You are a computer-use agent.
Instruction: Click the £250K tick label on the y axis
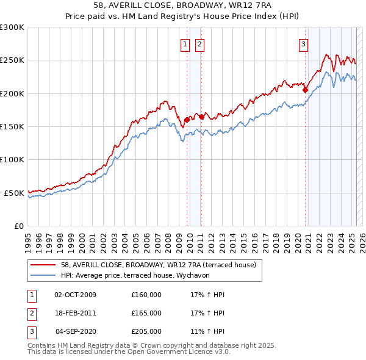click(x=12, y=60)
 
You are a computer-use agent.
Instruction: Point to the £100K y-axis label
click(x=12, y=159)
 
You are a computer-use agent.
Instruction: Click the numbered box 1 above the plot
click(x=185, y=43)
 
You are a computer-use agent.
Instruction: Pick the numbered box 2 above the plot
click(x=199, y=43)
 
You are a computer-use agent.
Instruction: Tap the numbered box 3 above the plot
click(x=303, y=43)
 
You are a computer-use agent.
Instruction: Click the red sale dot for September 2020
click(x=306, y=90)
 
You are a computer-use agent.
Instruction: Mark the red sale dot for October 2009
click(x=187, y=120)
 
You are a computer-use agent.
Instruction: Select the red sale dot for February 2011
click(x=202, y=117)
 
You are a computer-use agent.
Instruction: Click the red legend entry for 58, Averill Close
click(x=162, y=265)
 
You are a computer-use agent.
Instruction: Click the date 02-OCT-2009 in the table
click(x=75, y=295)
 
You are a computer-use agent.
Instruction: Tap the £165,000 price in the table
click(x=146, y=313)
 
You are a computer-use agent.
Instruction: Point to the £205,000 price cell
click(x=146, y=331)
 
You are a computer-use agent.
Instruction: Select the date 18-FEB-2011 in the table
click(x=75, y=313)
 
